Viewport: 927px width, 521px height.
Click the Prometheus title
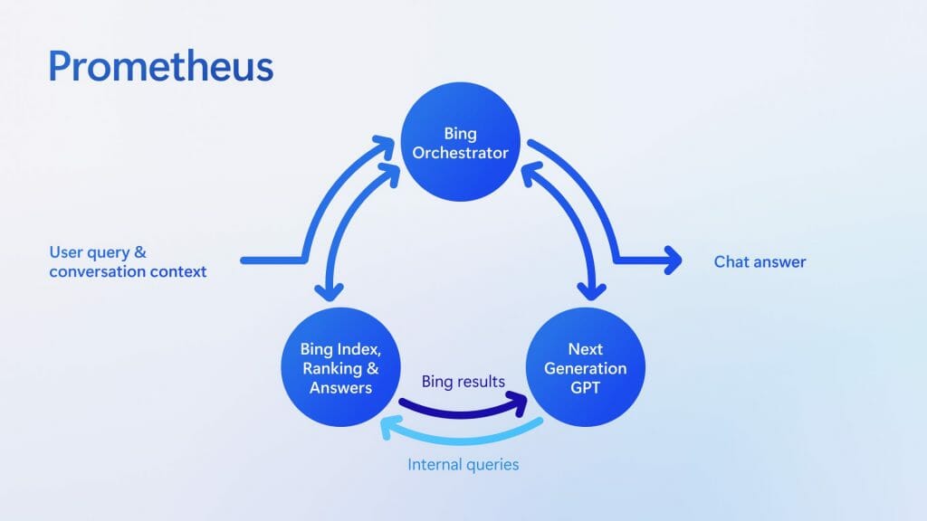160,67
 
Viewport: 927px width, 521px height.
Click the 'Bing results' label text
463,382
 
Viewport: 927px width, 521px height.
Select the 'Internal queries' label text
463,465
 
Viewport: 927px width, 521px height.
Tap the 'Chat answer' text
760,262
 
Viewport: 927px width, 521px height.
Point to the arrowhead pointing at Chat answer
672,260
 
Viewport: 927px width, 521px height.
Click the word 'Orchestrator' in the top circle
461,153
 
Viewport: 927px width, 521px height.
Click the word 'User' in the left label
66,252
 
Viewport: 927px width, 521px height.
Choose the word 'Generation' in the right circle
585,368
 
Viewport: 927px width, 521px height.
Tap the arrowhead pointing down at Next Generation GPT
593,290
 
